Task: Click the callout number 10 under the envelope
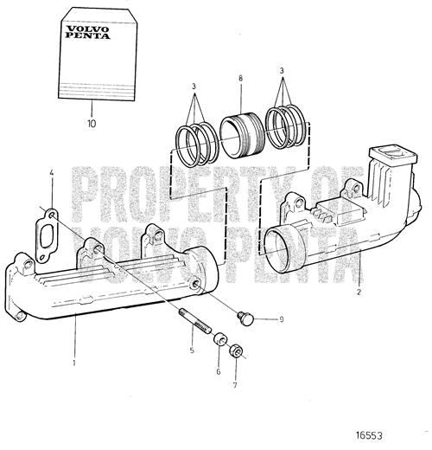(92, 124)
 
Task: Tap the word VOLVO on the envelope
(88, 29)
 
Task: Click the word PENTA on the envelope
(87, 35)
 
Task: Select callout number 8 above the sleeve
(241, 78)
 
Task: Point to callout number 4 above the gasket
(52, 173)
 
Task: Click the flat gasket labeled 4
(47, 236)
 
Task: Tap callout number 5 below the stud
(192, 350)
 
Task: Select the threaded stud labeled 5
(195, 320)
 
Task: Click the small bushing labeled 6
(220, 338)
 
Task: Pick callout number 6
(219, 372)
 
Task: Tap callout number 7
(235, 385)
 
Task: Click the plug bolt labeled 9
(245, 318)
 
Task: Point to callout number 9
(282, 319)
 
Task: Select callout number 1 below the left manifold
(74, 363)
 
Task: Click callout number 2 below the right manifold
(359, 292)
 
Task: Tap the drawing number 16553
(369, 435)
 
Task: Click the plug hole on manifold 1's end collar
(195, 283)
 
